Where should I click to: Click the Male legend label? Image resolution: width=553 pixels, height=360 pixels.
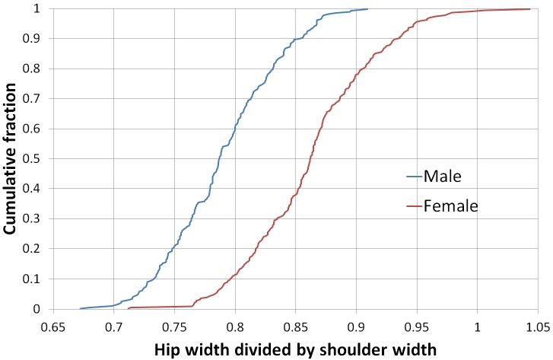443,177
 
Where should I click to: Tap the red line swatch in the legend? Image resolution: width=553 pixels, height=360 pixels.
413,205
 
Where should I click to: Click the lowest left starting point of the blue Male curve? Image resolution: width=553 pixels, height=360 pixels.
80,308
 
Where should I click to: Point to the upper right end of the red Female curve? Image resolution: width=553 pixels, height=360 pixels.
530,9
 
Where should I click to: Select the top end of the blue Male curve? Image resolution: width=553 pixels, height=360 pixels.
367,9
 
